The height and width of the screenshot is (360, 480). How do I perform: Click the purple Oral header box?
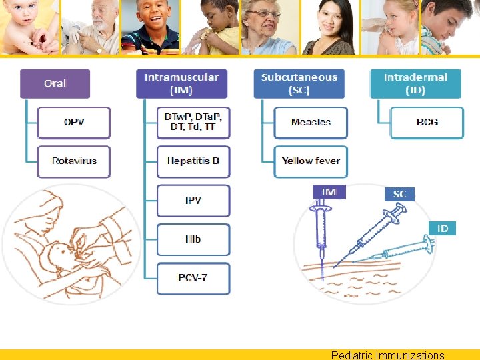pos(55,83)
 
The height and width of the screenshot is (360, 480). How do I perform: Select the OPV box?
pos(73,122)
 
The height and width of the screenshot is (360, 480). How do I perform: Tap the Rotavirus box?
pos(73,161)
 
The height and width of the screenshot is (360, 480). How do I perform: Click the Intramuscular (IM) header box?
pos(181,83)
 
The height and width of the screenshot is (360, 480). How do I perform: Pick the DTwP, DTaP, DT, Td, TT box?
pos(193,122)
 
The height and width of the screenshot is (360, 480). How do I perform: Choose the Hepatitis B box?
pos(193,161)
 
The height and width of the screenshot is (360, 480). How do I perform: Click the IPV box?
pos(193,200)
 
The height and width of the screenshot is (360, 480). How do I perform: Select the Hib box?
pos(193,239)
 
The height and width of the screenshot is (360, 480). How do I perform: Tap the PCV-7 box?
pos(193,277)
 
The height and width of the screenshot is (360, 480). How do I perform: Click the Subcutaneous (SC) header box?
pos(299,83)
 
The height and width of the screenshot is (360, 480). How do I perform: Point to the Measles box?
pos(311,122)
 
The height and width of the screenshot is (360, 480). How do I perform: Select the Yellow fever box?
pos(311,161)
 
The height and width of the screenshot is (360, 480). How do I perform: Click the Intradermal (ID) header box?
pos(415,83)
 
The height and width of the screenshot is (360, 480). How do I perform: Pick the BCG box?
pos(427,122)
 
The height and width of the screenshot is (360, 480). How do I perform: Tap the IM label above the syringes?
pos(329,192)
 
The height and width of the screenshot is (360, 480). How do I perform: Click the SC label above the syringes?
pos(399,194)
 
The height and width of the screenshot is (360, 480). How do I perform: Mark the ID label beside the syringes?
pos(443,228)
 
